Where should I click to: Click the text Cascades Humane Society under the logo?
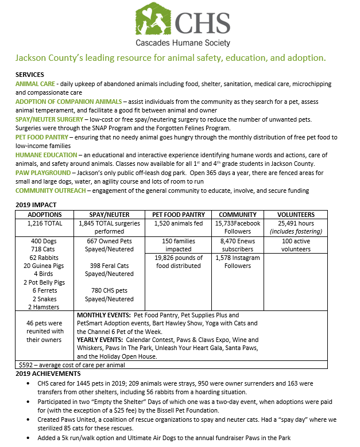coord(183,43)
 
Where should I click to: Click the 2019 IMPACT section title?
coord(36,205)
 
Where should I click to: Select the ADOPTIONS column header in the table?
coord(45,214)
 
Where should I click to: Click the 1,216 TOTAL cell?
coord(45,223)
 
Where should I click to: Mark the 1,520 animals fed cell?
coord(178,223)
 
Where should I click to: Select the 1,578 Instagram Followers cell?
coord(238,262)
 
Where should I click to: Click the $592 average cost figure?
coord(27,364)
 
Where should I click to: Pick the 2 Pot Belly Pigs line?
coord(45,282)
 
